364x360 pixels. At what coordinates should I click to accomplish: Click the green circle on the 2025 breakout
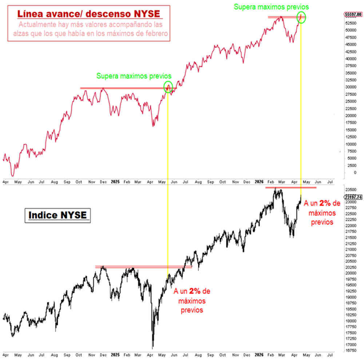(x=168, y=87)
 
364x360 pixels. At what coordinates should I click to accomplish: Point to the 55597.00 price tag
(x=353, y=15)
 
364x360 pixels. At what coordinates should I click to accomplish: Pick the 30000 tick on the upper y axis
(x=350, y=87)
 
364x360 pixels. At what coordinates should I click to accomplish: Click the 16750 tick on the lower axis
(x=350, y=351)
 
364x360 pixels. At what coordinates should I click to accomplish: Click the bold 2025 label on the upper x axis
(x=115, y=181)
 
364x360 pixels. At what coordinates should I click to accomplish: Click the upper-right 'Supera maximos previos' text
(x=271, y=7)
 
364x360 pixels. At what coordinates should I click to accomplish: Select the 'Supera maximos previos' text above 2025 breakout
(x=134, y=76)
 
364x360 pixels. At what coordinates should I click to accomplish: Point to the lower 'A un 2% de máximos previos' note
(x=192, y=301)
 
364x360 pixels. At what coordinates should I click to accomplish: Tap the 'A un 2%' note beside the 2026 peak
(x=322, y=212)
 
